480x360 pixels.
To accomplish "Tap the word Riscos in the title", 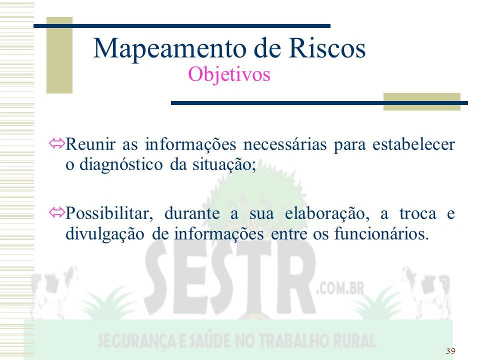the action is [327, 48].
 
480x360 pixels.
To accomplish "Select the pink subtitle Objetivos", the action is [229, 74].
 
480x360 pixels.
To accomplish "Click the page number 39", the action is [450, 351].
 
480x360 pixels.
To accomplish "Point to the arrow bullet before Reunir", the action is [57, 143].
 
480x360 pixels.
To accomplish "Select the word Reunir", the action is [90, 144].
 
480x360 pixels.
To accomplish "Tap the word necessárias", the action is [285, 144].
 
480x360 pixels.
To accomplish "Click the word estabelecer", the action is [413, 144].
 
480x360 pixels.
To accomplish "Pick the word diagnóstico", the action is [121, 165].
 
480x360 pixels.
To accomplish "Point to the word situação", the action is [224, 165].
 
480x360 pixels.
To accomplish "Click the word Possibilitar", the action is [109, 213].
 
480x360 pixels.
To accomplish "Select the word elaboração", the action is [327, 214].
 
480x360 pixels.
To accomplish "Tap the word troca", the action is [417, 213].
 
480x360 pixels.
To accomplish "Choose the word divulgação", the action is [104, 234].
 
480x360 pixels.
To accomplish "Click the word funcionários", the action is [381, 234].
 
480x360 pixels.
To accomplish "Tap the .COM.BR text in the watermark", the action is [340, 288].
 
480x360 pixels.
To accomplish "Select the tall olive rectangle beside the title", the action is [59, 55].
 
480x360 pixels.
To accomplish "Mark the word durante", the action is [192, 213].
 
